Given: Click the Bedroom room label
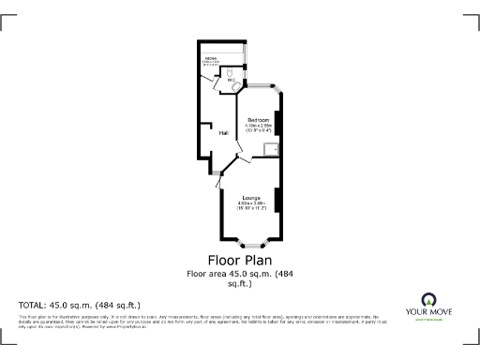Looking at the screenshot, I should [x=258, y=121].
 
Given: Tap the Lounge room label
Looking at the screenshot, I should [x=249, y=197].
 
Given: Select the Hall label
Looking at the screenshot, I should [x=224, y=133].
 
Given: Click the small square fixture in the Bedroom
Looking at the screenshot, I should [x=271, y=148].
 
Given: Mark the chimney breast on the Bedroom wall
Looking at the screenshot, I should [x=277, y=122].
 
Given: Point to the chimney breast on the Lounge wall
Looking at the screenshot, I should [x=277, y=198].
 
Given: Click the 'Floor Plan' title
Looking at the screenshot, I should [x=239, y=259].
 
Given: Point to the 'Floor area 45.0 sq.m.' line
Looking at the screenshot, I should [x=239, y=274].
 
